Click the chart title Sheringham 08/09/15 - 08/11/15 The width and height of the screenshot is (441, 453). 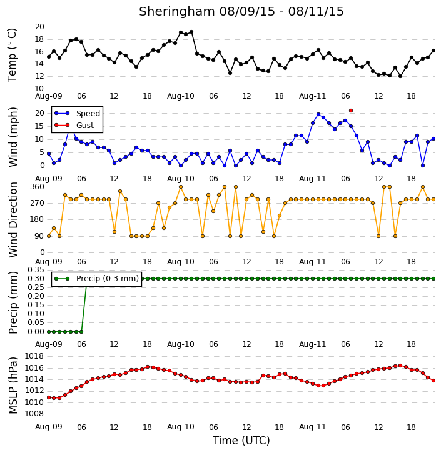(241, 11)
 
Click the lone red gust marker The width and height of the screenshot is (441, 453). (351, 111)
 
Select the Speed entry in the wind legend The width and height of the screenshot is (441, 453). (77, 113)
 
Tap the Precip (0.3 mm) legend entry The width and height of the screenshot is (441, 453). (96, 279)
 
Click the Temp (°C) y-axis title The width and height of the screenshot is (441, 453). (12, 55)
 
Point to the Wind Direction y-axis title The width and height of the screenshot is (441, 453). (13, 220)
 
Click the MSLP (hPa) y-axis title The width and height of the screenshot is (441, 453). (13, 385)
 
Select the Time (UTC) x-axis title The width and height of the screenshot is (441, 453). (241, 441)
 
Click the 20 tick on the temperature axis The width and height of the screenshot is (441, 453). (39, 27)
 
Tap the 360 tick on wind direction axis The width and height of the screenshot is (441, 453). (38, 187)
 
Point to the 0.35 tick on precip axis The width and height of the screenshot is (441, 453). (36, 270)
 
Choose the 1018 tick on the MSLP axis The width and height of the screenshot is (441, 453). (34, 356)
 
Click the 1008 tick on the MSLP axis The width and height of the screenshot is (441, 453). (34, 414)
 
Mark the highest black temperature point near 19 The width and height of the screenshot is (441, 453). (191, 32)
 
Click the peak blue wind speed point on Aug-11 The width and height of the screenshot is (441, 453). (318, 114)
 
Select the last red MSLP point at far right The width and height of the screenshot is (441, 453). (433, 381)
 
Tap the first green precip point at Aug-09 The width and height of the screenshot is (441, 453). (49, 332)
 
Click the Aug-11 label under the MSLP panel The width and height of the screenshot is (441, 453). (312, 427)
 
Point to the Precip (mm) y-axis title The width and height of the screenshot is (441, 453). (13, 303)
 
